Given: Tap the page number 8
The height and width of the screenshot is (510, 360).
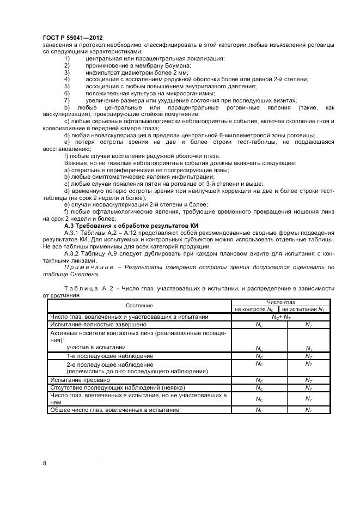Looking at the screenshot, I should click(x=44, y=463).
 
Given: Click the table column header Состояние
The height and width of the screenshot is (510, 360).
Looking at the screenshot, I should click(x=139, y=306).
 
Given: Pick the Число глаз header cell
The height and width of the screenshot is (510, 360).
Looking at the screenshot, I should click(x=280, y=302).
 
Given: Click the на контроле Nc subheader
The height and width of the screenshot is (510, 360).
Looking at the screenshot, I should click(x=255, y=309).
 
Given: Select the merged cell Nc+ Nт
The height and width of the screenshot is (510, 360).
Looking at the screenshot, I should click(x=280, y=316).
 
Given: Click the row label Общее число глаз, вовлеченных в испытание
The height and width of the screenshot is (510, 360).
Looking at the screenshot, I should click(x=114, y=410).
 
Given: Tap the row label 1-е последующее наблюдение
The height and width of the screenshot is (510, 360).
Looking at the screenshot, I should click(x=102, y=356).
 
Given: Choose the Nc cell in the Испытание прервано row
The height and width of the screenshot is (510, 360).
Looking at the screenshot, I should click(x=259, y=380).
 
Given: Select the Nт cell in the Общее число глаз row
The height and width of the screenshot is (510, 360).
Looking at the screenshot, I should click(x=309, y=410).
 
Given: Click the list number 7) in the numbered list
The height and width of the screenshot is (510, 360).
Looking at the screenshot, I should click(x=67, y=100).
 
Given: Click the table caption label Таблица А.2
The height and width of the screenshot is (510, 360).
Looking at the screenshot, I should click(x=87, y=288).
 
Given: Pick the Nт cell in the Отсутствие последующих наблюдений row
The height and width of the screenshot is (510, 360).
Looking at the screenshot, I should click(x=309, y=387).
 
